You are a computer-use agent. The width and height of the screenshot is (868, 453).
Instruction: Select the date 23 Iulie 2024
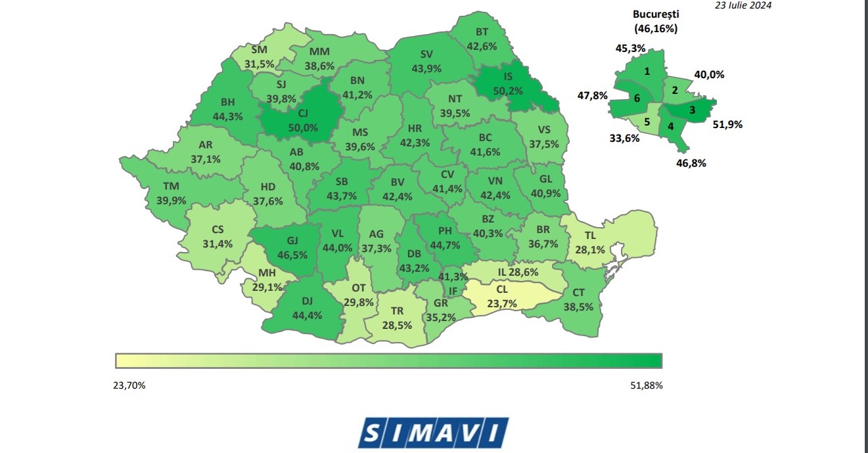(x=743, y=5)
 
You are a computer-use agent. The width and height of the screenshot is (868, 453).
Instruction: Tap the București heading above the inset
(x=656, y=14)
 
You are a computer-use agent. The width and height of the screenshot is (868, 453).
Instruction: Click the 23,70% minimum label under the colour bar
(x=129, y=385)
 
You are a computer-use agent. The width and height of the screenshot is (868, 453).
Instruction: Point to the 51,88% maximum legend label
(x=646, y=385)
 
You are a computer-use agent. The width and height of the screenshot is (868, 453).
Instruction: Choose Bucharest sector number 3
(x=691, y=110)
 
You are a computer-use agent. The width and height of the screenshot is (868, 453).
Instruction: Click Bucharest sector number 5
(x=647, y=121)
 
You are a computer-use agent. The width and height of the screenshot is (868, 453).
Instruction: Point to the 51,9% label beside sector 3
(x=727, y=124)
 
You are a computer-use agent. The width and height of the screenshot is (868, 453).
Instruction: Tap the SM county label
(x=259, y=50)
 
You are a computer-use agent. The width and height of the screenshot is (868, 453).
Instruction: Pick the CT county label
(x=578, y=292)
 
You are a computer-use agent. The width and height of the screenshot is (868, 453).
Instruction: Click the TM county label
(x=170, y=186)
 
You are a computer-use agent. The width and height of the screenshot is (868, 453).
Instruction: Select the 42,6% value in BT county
(x=482, y=46)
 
